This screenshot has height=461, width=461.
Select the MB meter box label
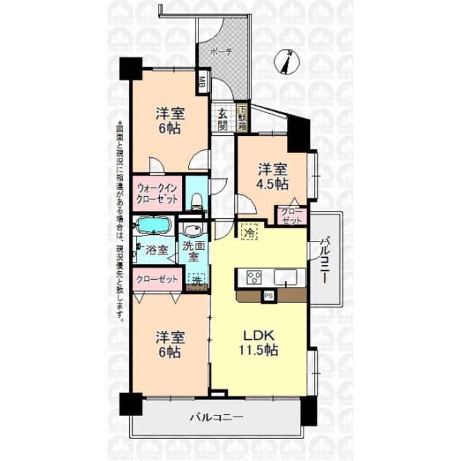pyautogui.click(x=201, y=81)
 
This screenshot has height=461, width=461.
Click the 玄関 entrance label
pyautogui.click(x=223, y=119)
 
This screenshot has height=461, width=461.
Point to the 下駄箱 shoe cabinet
pyautogui.click(x=242, y=116)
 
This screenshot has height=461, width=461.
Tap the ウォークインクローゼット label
pyautogui.click(x=157, y=193)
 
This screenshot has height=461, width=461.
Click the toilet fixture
pyautogui.click(x=197, y=202)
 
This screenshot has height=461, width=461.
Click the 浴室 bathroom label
pyautogui.click(x=157, y=250)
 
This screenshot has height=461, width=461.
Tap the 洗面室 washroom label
pyautogui.click(x=190, y=251)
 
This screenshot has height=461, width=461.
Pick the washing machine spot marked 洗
pyautogui.click(x=196, y=280)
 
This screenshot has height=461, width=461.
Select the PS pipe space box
pyautogui.click(x=267, y=295)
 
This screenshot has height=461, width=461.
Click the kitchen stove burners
pyautogui.click(x=254, y=277)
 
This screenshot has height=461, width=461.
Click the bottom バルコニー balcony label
pyautogui.click(x=216, y=417)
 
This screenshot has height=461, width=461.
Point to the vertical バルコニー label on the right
pyautogui.click(x=324, y=259)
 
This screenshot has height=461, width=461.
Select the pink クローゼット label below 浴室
pyautogui.click(x=157, y=279)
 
